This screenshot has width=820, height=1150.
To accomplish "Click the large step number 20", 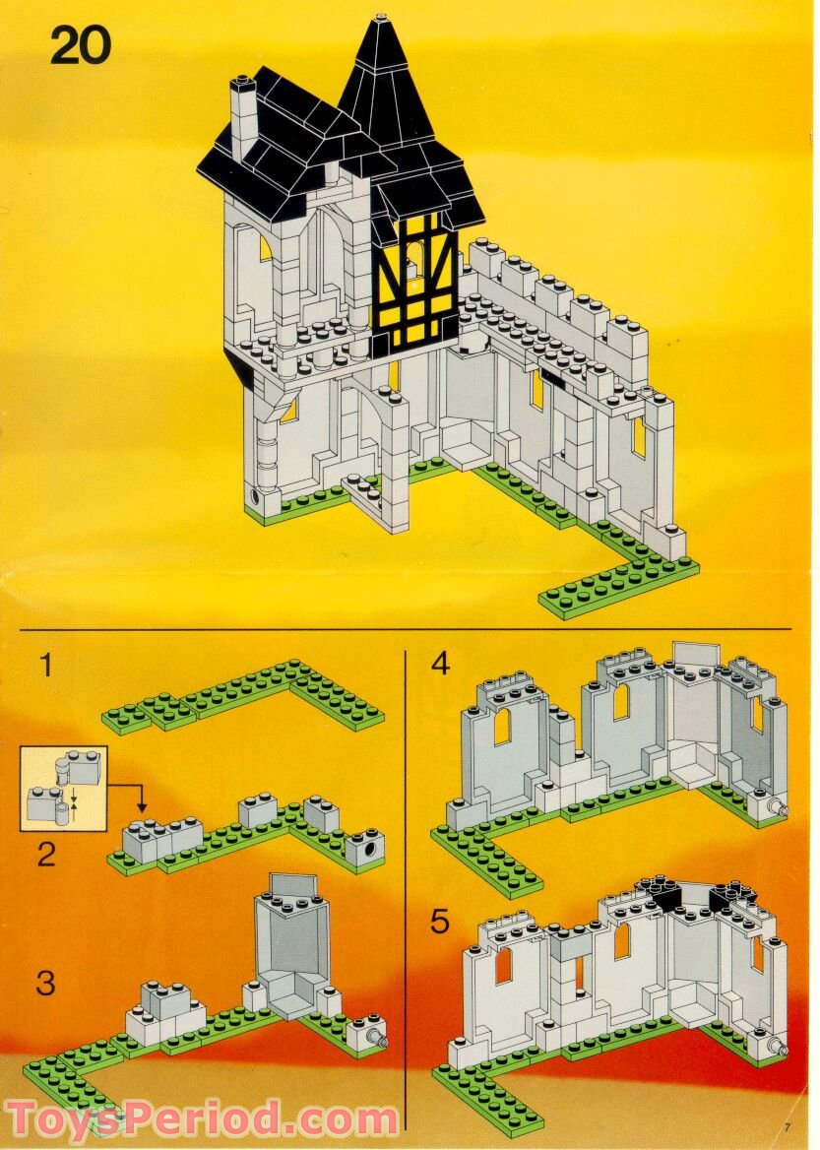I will [x=81, y=45].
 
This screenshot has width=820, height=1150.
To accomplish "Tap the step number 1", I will [x=45, y=666].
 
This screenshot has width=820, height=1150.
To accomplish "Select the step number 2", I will [x=46, y=854].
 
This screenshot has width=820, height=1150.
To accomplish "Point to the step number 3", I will [x=45, y=982].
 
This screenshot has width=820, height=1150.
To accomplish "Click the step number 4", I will [x=440, y=666].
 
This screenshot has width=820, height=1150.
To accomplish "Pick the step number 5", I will [x=440, y=923].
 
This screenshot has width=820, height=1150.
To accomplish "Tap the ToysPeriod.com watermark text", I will [x=202, y=1119].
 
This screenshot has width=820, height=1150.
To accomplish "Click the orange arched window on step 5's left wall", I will [x=503, y=966].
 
